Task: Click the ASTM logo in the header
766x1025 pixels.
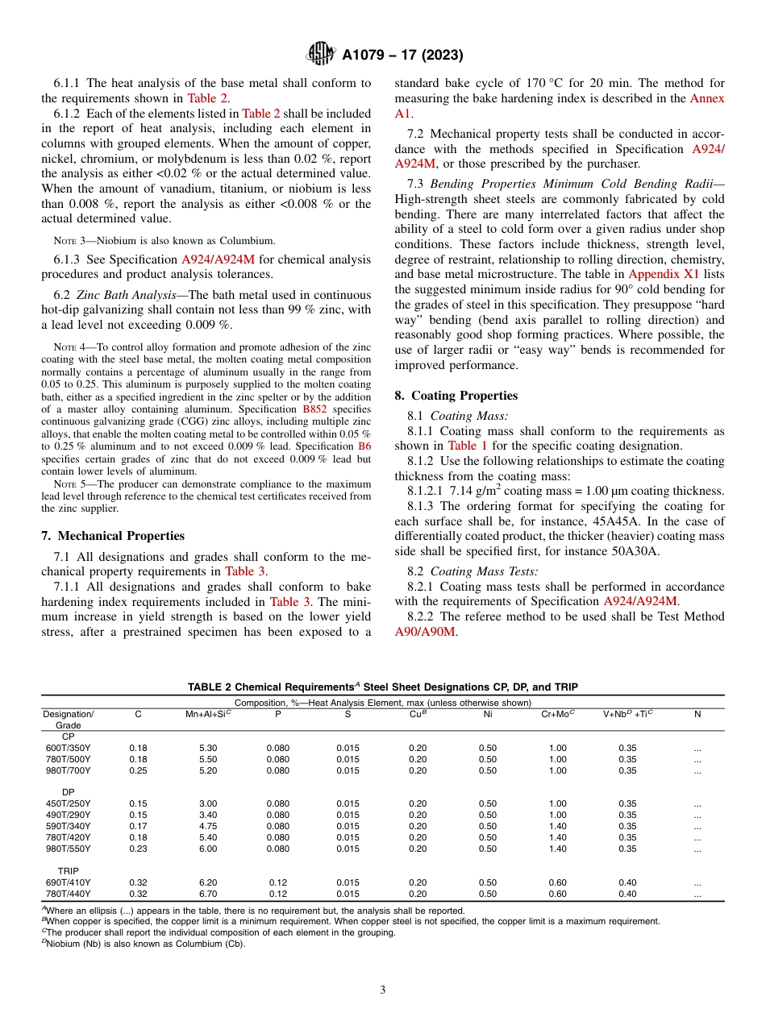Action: (322, 55)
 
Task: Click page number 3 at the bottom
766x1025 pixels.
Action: (382, 990)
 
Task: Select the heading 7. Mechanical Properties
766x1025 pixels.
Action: (112, 536)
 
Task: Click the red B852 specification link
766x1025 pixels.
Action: (314, 409)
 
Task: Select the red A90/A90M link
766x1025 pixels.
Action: (425, 631)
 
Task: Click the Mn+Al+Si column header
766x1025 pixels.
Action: (208, 714)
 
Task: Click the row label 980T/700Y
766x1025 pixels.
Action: (68, 770)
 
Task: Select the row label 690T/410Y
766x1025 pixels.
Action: (68, 882)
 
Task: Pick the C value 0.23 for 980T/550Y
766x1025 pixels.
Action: (138, 849)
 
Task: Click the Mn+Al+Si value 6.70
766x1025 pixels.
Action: (208, 894)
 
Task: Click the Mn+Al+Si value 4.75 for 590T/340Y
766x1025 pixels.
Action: (208, 826)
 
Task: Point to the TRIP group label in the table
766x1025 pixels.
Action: (68, 871)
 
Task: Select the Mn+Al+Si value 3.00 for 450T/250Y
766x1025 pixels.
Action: (208, 803)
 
